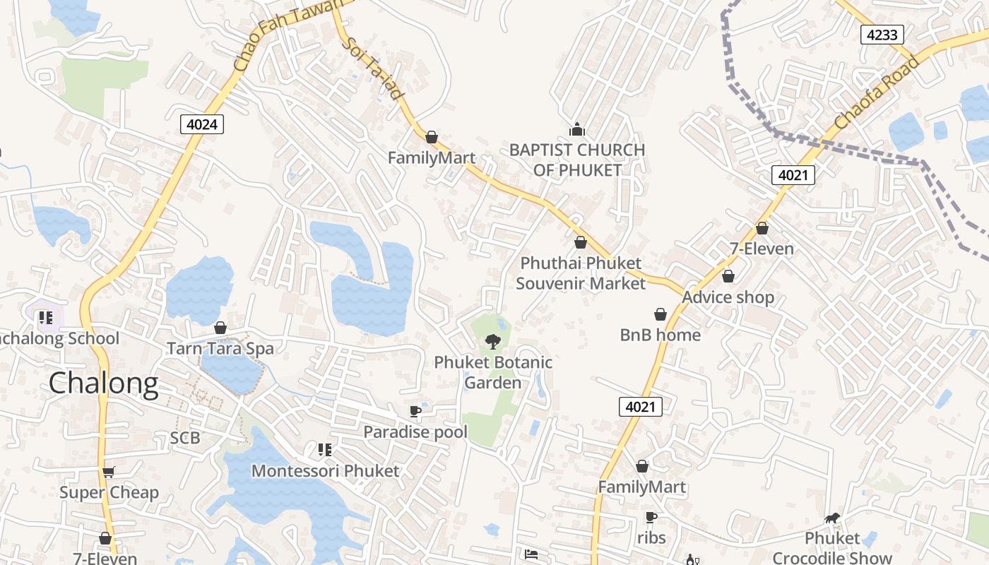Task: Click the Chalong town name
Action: [104, 383]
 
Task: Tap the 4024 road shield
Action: [202, 124]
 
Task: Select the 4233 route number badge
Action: [882, 34]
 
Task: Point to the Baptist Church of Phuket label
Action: [577, 160]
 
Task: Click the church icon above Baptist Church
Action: [577, 129]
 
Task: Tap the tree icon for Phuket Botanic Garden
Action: [492, 342]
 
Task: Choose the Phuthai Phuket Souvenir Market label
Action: [581, 273]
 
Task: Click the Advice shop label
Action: [728, 297]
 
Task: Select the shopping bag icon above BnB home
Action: [661, 314]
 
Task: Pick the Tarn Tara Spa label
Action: [220, 348]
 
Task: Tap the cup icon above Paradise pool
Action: [415, 411]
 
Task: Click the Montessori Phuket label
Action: [325, 470]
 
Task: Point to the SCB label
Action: [185, 438]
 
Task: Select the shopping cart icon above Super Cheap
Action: [108, 472]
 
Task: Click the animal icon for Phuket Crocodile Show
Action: [832, 518]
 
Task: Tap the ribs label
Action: [651, 537]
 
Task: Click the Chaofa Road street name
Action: [877, 93]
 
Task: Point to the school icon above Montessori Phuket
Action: [325, 449]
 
